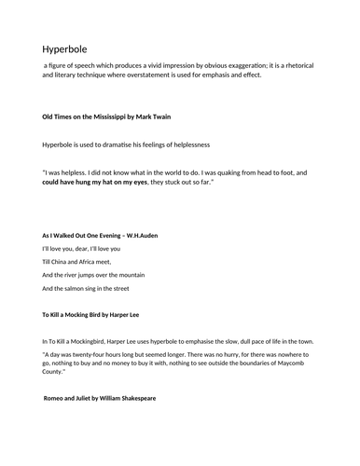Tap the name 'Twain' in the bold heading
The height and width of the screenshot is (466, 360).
[x=159, y=116]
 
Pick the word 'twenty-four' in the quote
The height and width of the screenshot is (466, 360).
[x=95, y=355]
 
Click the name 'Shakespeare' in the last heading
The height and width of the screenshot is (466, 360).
[x=132, y=398]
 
